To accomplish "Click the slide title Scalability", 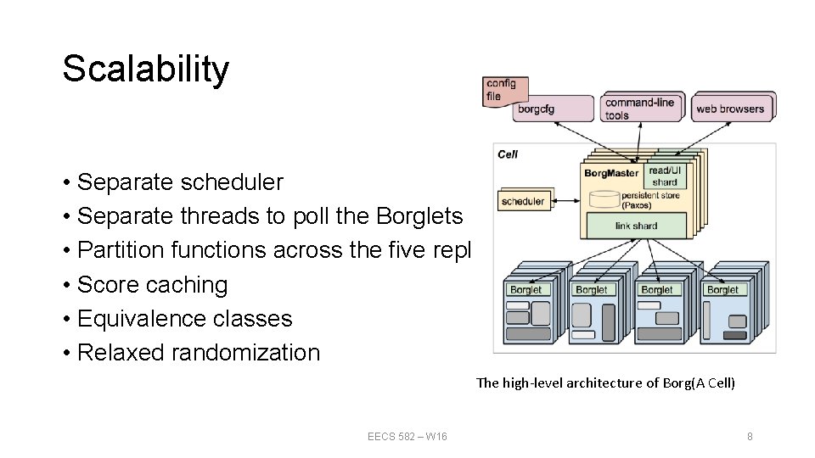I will click(145, 69).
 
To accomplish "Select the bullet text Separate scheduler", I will click(180, 182).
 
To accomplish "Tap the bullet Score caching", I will click(152, 285).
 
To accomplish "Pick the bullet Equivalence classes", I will click(184, 319).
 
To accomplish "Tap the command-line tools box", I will click(640, 108).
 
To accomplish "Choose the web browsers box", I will click(730, 108).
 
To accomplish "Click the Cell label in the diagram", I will click(508, 154).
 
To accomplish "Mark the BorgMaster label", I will click(611, 174).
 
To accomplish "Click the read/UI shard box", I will click(665, 176).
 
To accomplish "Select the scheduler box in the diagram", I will click(523, 201).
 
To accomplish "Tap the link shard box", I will click(636, 226).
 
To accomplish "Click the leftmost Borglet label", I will click(526, 289).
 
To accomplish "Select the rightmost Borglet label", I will click(722, 289).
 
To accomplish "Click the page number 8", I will click(750, 436).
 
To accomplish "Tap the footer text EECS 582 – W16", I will click(407, 436).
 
